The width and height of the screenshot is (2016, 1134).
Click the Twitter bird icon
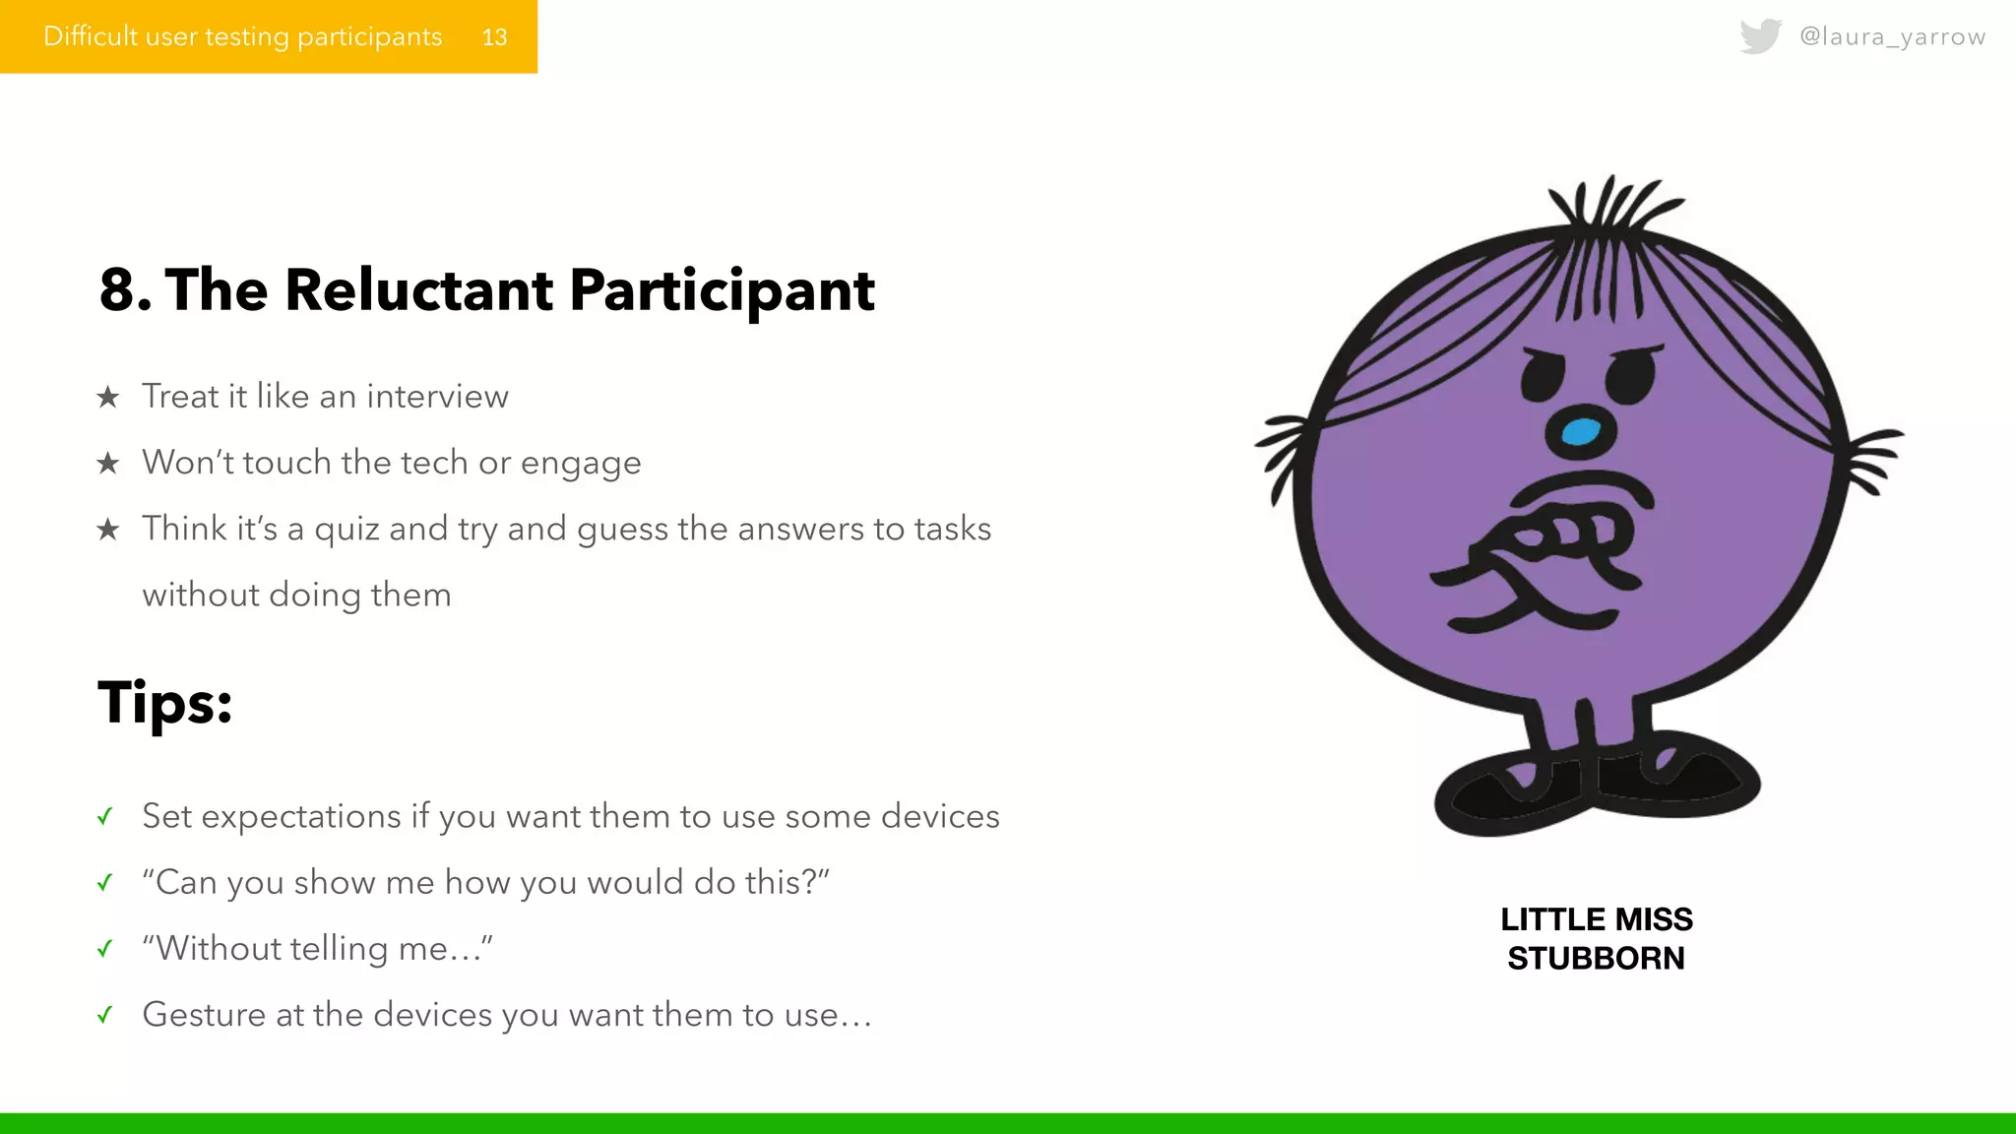tap(1760, 36)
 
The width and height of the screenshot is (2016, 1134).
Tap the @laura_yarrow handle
tap(1892, 36)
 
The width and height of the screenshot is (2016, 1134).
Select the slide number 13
tap(494, 37)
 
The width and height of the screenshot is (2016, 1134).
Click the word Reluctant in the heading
tap(418, 290)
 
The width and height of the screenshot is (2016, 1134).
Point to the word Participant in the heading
tap(722, 290)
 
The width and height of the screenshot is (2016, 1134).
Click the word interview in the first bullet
tap(437, 397)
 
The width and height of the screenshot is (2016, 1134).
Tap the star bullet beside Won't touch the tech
tap(107, 463)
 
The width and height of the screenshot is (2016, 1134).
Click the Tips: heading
tap(165, 703)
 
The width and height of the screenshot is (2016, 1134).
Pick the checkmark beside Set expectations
tap(105, 817)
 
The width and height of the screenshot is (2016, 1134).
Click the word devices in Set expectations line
tap(940, 817)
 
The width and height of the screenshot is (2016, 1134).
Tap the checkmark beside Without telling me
tap(105, 949)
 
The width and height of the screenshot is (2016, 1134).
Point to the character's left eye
tap(1543, 376)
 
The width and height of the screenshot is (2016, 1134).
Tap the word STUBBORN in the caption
tap(1596, 958)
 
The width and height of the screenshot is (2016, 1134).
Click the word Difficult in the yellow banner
tap(91, 37)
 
